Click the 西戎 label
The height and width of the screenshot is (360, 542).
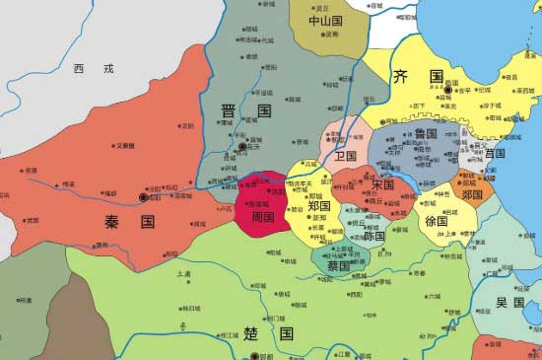click(x=94, y=69)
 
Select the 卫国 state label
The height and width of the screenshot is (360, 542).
click(x=345, y=156)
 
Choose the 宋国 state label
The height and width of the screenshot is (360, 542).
click(x=383, y=184)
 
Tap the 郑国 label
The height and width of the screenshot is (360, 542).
click(x=318, y=206)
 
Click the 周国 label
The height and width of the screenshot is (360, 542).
click(x=262, y=216)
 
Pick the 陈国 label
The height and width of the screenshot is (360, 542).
click(x=374, y=237)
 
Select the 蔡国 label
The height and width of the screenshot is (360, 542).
click(x=338, y=266)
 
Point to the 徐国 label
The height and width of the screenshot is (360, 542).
click(x=437, y=222)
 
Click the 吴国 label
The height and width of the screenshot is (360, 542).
click(x=509, y=302)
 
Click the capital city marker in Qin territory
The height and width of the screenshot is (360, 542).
click(x=145, y=198)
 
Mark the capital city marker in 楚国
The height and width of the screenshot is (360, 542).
click(x=254, y=356)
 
